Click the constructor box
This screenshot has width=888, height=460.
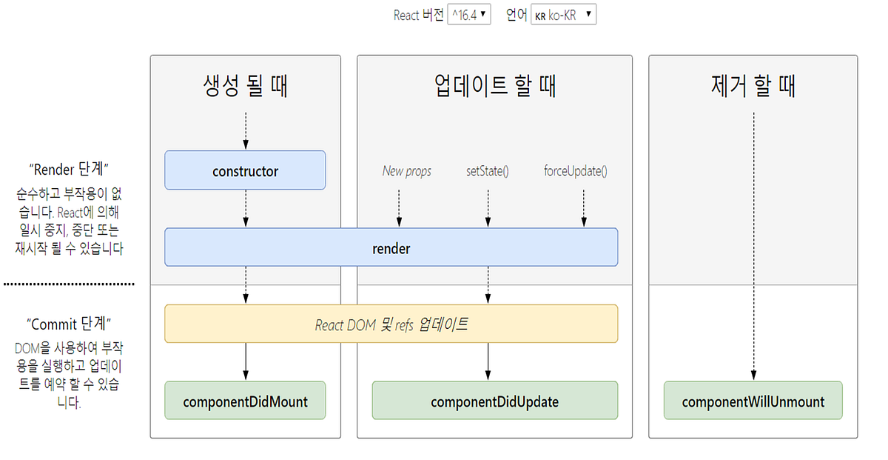click(x=245, y=170)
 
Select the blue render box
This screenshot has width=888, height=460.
click(x=391, y=247)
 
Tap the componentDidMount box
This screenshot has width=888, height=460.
click(x=245, y=401)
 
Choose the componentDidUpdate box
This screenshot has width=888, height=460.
click(x=494, y=401)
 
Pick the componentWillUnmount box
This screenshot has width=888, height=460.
click(x=753, y=401)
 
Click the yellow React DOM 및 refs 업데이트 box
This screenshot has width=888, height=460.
click(x=391, y=324)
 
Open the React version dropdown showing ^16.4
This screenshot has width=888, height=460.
click(x=469, y=14)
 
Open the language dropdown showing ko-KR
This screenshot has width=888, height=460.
click(x=563, y=14)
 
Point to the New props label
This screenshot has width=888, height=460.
click(x=406, y=171)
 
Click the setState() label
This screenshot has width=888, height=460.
click(x=487, y=171)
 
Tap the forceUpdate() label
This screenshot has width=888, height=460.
click(x=575, y=171)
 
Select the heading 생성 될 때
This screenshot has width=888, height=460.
click(x=245, y=86)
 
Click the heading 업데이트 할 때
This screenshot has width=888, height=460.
click(x=494, y=86)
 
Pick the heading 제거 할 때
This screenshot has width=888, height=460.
click(x=753, y=86)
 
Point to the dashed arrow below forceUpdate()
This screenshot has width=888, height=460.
click(x=584, y=207)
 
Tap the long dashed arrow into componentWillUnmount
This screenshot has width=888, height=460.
click(x=753, y=244)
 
